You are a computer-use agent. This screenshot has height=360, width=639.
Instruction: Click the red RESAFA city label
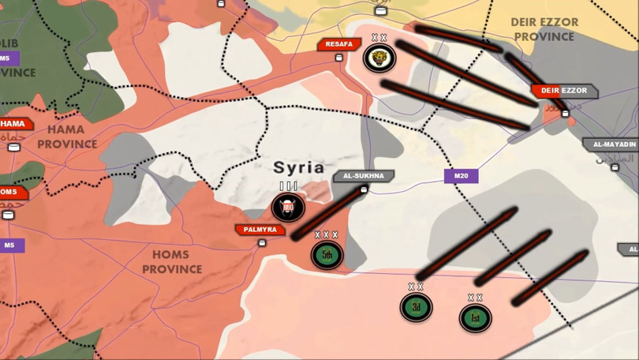pos(338,44)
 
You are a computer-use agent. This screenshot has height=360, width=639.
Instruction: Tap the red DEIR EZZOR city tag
pos(565,92)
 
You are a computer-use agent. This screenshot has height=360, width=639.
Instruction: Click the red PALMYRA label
pos(260,230)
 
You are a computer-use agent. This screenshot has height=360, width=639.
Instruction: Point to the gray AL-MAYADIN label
pos(611,144)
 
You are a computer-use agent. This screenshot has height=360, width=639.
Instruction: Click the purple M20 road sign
pos(461,176)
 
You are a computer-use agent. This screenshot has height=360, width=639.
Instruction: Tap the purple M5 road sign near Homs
pos(10,246)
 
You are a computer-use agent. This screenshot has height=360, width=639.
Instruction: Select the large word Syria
pos(298,167)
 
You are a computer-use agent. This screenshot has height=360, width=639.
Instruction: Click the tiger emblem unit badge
pos(379,58)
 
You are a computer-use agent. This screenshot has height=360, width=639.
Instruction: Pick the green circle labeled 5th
pos(326,254)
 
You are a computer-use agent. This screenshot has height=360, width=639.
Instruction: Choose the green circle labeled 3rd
pos(416,306)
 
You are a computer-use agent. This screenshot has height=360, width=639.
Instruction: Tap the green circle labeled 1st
pos(475,317)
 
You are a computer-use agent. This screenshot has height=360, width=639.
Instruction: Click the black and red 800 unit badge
pos(287,208)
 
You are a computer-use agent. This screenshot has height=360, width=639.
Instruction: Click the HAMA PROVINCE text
pos(67,136)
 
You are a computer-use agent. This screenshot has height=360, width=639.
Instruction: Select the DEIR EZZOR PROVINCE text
pos(544,29)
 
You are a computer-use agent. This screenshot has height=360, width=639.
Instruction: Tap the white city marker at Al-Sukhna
pos(364,189)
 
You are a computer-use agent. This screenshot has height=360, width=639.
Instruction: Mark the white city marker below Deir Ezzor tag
pos(565,114)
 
